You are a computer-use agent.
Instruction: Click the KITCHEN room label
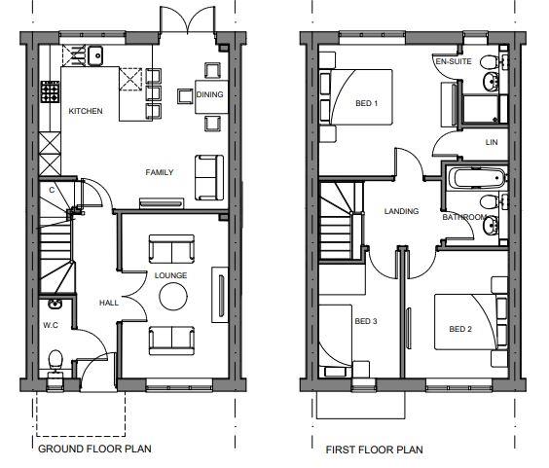pos(86,111)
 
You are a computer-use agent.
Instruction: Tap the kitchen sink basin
pos(94,55)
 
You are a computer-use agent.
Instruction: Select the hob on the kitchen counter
pos(50,91)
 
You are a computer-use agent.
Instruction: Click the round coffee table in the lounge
pos(173,296)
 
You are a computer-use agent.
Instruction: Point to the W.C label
pos(51,325)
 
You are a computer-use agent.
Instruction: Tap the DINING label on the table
pos(209,94)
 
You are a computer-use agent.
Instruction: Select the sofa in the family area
pos(209,177)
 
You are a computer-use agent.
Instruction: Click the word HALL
pos(109,303)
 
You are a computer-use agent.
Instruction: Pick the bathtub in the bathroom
pos(477,178)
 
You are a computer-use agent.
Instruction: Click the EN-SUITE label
pos(454,61)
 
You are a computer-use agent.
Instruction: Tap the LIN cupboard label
pos(492,142)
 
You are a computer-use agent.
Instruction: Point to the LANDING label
pos(401,211)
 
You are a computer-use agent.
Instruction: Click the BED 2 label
pos(460,329)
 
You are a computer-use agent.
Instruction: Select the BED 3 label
pos(366,321)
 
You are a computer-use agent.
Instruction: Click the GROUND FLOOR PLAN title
pos(94,449)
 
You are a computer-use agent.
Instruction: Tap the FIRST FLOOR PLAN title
pos(375,450)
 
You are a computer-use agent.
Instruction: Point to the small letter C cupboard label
pos(52,190)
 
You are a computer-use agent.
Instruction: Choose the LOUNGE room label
pos(171,275)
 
